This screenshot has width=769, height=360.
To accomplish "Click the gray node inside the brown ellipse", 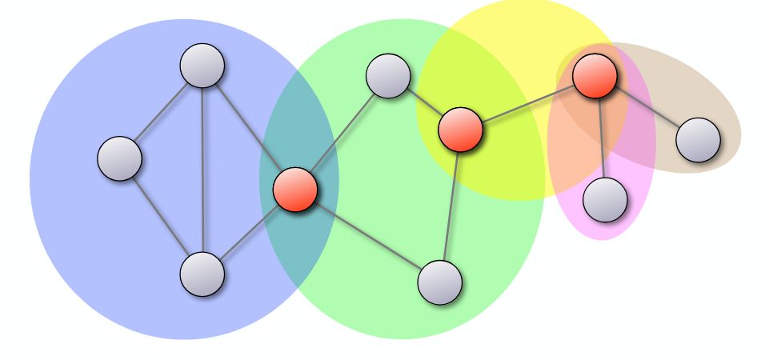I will pyautogui.click(x=698, y=140).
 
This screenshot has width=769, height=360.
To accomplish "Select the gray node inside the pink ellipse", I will pyautogui.click(x=605, y=199).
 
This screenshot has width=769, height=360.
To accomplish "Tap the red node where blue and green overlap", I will pyautogui.click(x=295, y=190).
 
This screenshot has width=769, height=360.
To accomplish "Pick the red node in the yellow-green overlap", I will pyautogui.click(x=460, y=129).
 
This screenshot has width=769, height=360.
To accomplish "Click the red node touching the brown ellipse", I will pyautogui.click(x=595, y=76).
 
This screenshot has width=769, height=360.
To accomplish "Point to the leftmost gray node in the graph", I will pyautogui.click(x=120, y=158).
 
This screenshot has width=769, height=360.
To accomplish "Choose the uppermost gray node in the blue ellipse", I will pyautogui.click(x=202, y=66).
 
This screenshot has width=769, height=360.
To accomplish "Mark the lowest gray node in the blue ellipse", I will pyautogui.click(x=202, y=274).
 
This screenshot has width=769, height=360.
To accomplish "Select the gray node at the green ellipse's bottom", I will pyautogui.click(x=440, y=282).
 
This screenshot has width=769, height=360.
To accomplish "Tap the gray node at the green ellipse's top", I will pyautogui.click(x=388, y=76).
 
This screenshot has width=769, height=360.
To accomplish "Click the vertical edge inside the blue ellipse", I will pyautogui.click(x=202, y=170).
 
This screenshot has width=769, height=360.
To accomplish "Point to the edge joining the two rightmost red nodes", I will pyautogui.click(x=528, y=102).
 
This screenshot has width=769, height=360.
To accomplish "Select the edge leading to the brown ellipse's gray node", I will pyautogui.click(x=647, y=108).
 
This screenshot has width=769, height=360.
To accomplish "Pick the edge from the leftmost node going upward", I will pyautogui.click(x=161, y=112).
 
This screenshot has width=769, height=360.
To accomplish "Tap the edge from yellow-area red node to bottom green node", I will pyautogui.click(x=451, y=205).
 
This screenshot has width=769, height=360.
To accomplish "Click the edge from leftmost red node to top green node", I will pyautogui.click(x=342, y=133).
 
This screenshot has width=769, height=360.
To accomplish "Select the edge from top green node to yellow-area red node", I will pyautogui.click(x=424, y=102).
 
